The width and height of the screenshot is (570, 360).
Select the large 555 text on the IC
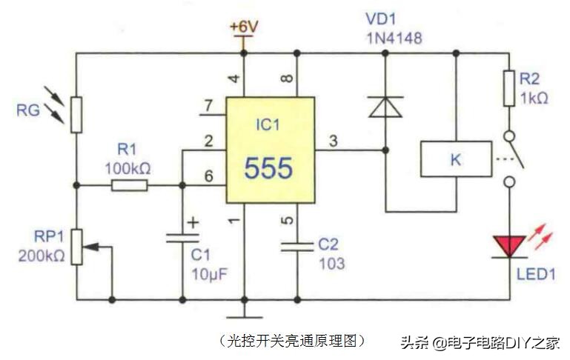[268, 168]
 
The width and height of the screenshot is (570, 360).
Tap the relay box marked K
[455, 158]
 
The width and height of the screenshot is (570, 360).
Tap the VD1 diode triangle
[385, 107]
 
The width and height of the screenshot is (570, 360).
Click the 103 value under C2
[331, 262]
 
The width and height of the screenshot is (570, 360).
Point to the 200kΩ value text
[39, 256]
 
